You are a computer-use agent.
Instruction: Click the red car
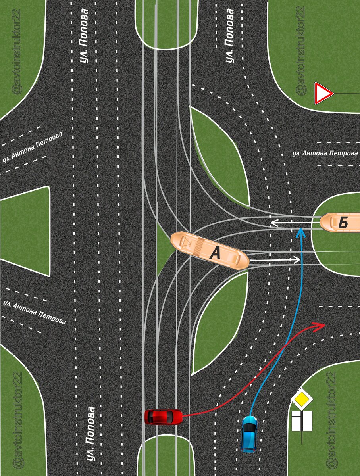coord(163,416)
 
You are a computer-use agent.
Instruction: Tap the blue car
coord(249,434)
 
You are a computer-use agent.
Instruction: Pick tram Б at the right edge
coord(341,223)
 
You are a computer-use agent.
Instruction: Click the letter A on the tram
coord(215,253)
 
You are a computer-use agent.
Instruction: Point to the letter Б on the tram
coord(343,223)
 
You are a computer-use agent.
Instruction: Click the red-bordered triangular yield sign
coord(323,93)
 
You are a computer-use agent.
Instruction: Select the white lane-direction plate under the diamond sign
coord(302,421)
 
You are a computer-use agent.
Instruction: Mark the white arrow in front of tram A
coord(276,260)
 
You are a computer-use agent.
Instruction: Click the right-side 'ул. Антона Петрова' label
coord(325,153)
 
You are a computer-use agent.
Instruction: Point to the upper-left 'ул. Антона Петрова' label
coord(32,148)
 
